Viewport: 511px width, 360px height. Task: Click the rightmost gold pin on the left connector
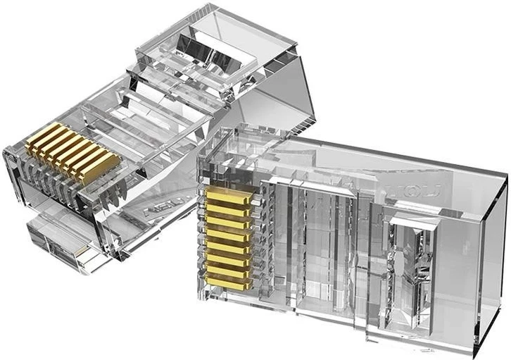click(x=100, y=168)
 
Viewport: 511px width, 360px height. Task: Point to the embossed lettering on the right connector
click(x=423, y=189)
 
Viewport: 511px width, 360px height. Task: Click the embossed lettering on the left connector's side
click(x=156, y=209)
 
